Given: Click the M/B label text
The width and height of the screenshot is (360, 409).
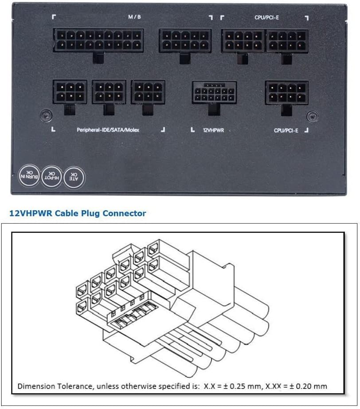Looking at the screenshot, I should coord(134,17).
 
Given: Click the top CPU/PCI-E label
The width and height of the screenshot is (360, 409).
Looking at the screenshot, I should coord(267,17).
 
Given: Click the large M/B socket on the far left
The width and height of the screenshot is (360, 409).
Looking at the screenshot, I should coord(98,40).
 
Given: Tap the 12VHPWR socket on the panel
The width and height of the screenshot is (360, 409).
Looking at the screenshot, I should coord(214,92).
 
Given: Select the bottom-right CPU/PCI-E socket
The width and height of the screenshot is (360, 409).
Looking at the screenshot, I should coord(286,92).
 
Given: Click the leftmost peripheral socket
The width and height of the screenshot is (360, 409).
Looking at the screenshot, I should coord(70,92).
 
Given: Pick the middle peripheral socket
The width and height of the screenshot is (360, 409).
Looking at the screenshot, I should coord(109,92).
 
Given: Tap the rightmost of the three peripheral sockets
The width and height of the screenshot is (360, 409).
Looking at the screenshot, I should coord(148,92).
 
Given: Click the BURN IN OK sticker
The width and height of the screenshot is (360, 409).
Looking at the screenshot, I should coord(29,176).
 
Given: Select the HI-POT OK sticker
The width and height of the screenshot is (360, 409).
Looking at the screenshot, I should coord(52,177).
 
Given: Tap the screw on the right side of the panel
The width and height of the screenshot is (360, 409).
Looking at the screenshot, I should coord(313,116).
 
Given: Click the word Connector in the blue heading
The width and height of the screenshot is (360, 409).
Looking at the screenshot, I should coord(124,213).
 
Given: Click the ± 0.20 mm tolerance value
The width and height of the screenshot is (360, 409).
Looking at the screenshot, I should coord(306,386).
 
